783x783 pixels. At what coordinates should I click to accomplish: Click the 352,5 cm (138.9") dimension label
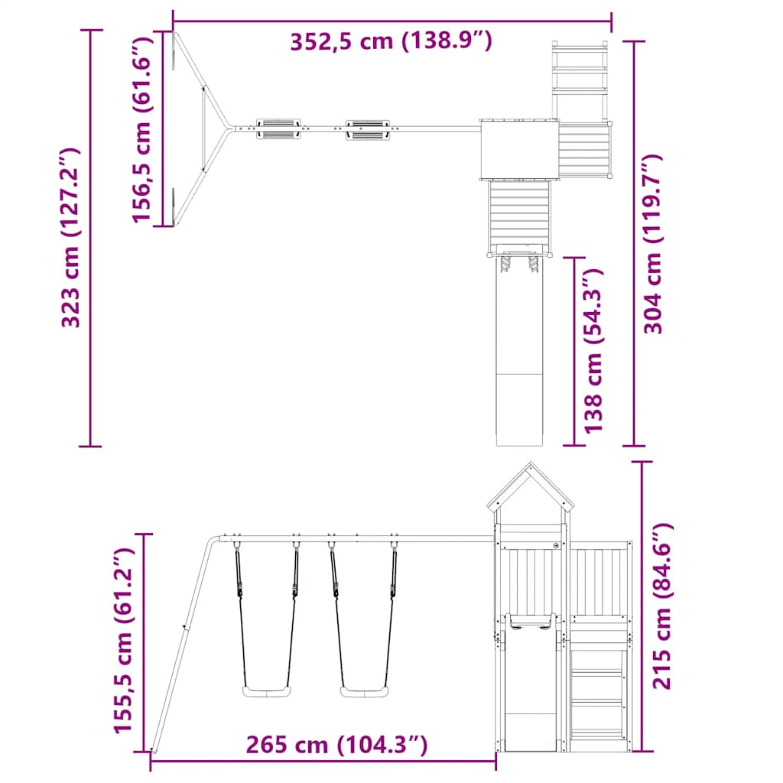(390, 41)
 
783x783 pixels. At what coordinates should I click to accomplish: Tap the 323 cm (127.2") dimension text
(72, 237)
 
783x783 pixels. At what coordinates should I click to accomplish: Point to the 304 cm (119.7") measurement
(653, 243)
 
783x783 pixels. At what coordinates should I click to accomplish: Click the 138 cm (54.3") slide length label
(593, 350)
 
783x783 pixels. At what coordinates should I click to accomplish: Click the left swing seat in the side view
(267, 691)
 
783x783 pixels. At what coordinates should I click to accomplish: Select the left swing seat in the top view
(278, 128)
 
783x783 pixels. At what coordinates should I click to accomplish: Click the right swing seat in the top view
(368, 128)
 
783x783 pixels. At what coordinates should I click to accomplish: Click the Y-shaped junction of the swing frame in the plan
(226, 128)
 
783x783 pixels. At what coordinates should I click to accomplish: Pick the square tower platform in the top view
(518, 149)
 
